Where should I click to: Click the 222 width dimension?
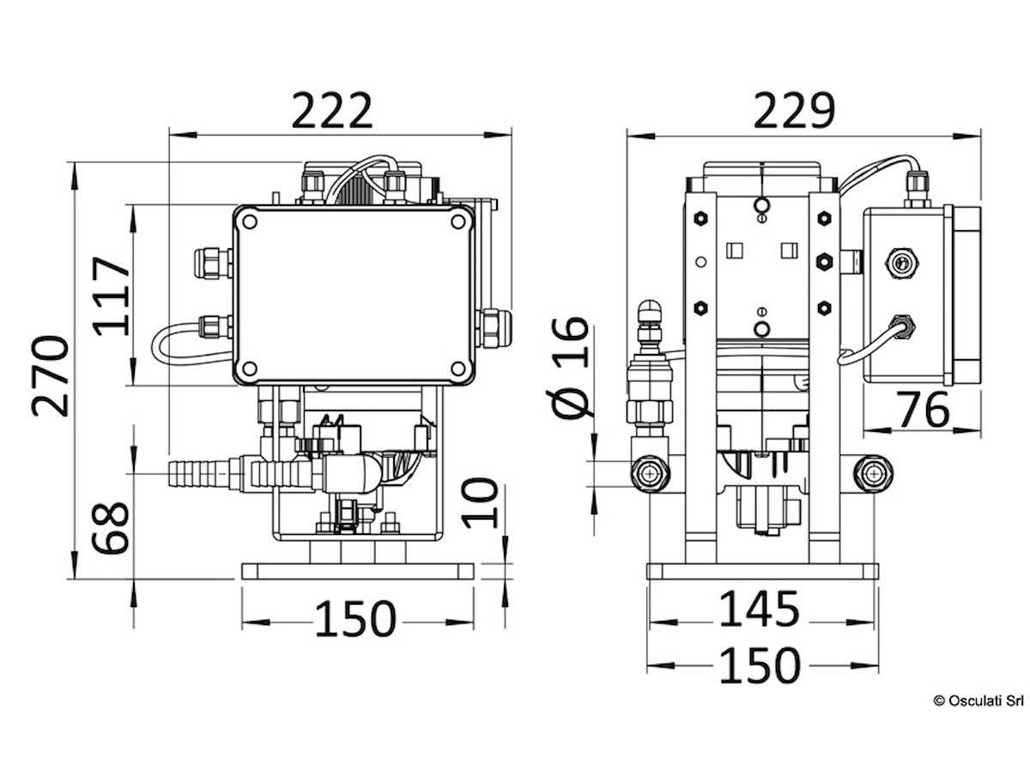[333, 110]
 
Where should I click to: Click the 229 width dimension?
[794, 110]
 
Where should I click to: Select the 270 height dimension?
[50, 375]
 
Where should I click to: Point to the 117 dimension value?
[112, 295]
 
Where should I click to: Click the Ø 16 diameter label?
[571, 367]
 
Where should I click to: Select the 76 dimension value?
[923, 410]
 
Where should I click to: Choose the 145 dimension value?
[759, 609]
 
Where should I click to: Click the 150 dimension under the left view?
[355, 619]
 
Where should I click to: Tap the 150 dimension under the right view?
[759, 666]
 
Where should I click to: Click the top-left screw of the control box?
[250, 222]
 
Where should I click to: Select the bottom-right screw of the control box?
[457, 368]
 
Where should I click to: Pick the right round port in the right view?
[872, 473]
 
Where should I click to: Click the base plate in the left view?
[358, 571]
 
